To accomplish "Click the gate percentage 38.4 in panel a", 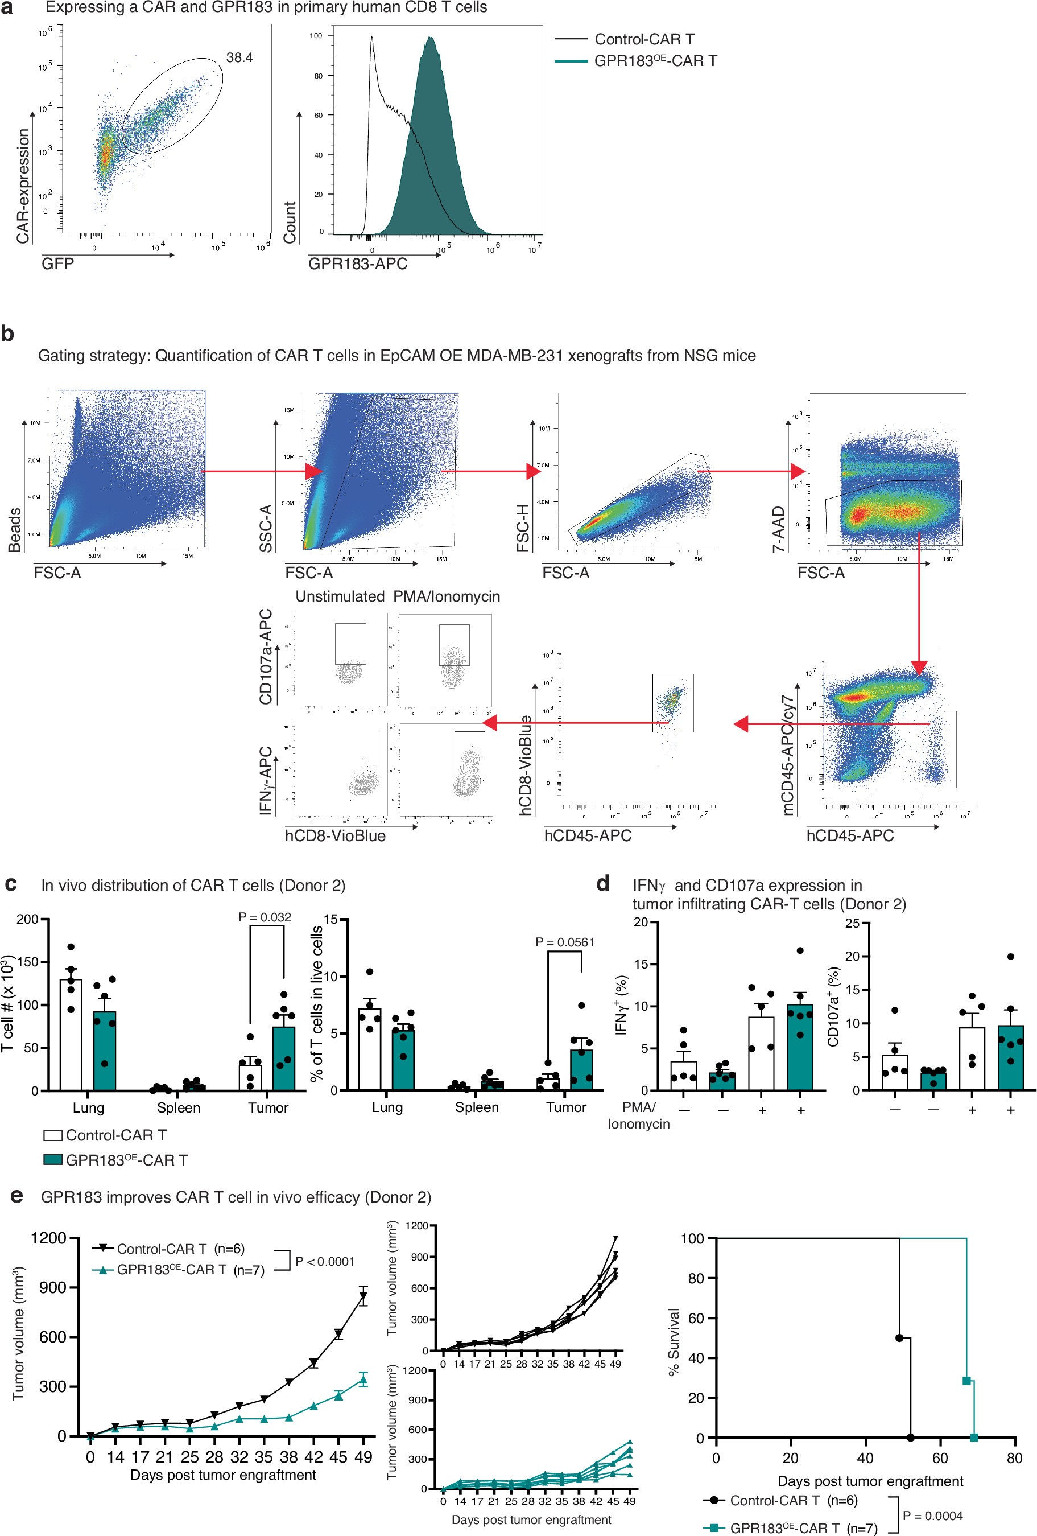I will [239, 57].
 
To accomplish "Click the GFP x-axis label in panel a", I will [57, 263].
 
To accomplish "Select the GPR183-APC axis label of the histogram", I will [357, 263].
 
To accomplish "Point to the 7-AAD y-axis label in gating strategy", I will [779, 529].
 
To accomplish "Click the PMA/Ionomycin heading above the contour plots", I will [447, 596].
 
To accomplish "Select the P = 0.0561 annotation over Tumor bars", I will [565, 942].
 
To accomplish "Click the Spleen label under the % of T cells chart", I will [476, 1107].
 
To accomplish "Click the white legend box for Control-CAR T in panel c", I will [53, 1135].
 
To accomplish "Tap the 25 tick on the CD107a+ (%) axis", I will [852, 923].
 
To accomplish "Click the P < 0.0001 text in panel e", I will [324, 1261].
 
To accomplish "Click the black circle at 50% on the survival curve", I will [899, 1338].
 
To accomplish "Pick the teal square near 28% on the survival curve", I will [966, 1381].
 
